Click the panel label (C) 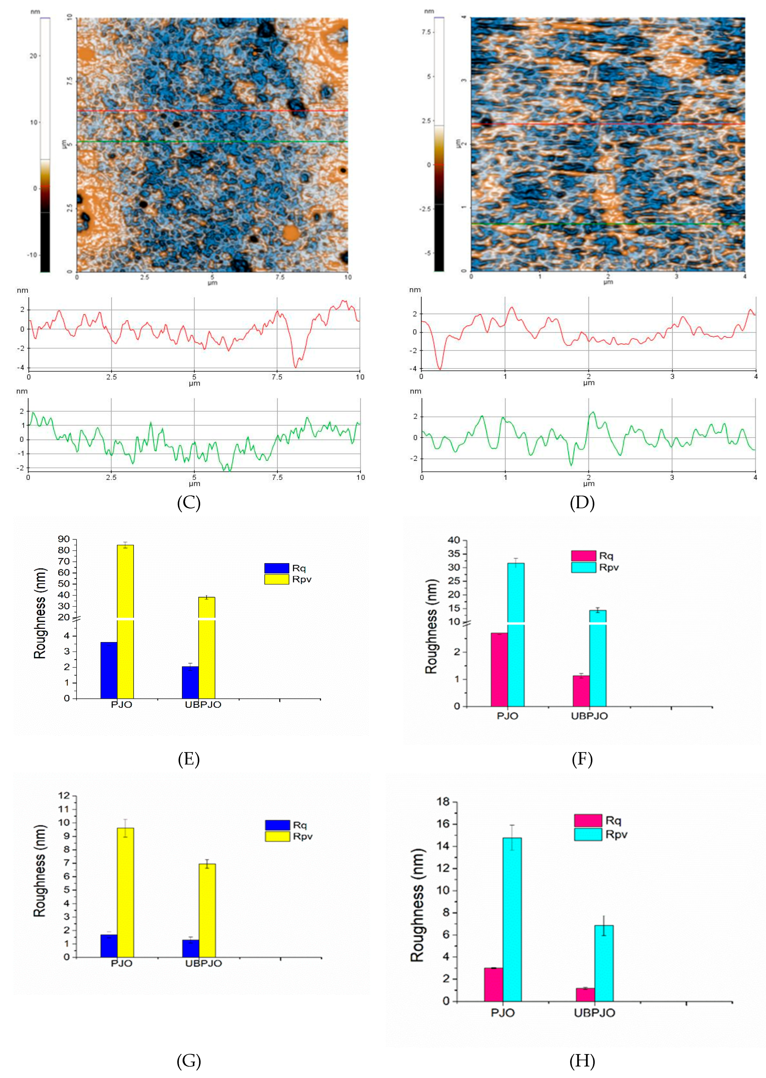pos(189,503)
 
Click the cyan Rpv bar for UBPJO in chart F pos(598,660)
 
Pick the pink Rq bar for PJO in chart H pos(493,985)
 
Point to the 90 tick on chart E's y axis pos(64,539)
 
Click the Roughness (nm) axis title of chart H pos(417,905)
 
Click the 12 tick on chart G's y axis pos(64,796)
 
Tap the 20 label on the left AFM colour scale pos(33,56)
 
